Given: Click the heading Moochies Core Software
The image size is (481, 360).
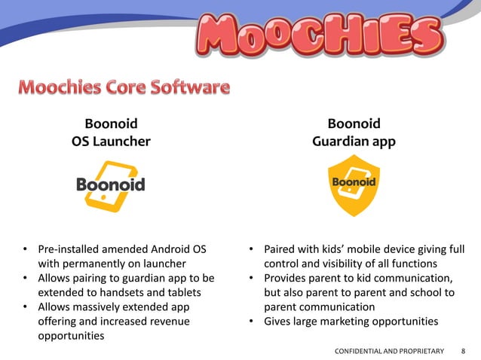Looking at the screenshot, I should pos(124,88).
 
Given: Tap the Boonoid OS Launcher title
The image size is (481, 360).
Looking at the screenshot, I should pos(111,133).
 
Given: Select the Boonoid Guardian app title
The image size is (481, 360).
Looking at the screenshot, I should pos(354,133).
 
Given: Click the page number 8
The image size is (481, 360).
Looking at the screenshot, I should pos(463,351).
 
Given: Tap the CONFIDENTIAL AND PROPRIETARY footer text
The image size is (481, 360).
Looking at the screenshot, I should pos(388,351).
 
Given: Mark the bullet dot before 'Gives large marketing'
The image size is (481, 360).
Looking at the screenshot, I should pos(253,322).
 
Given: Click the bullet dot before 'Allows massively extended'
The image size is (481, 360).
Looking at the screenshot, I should pos(26,307).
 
